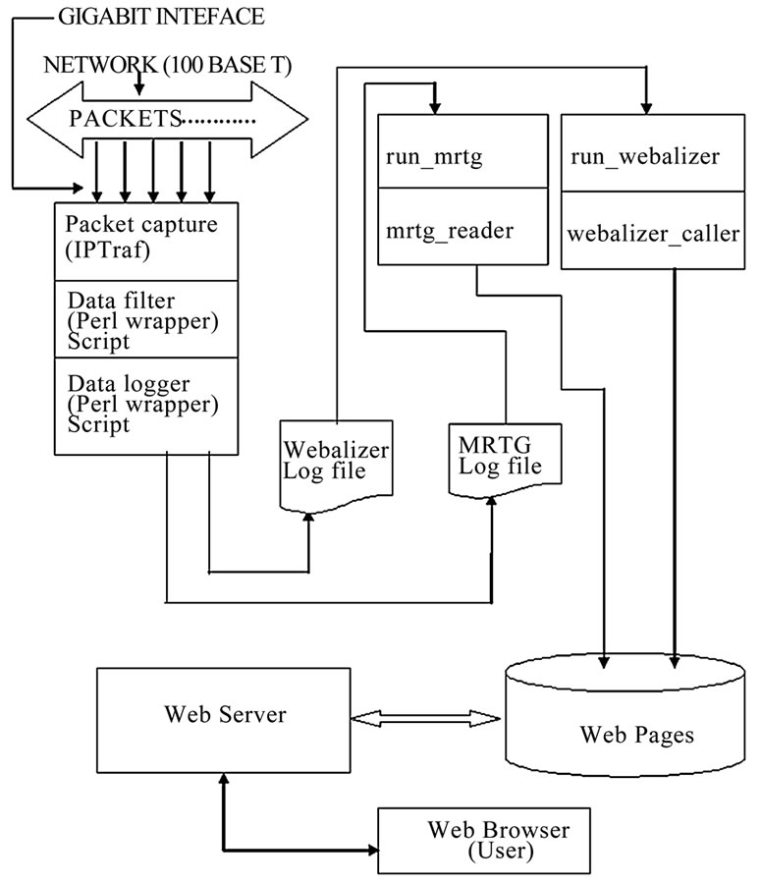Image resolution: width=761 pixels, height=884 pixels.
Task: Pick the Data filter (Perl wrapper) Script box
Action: pyautogui.click(x=146, y=318)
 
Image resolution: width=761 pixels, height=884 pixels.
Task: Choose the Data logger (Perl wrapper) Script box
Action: pyautogui.click(x=146, y=405)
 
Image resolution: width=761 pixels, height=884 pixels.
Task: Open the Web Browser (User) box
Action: pyautogui.click(x=486, y=840)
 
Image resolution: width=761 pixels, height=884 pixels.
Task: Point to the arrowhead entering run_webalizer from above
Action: pyautogui.click(x=645, y=106)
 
